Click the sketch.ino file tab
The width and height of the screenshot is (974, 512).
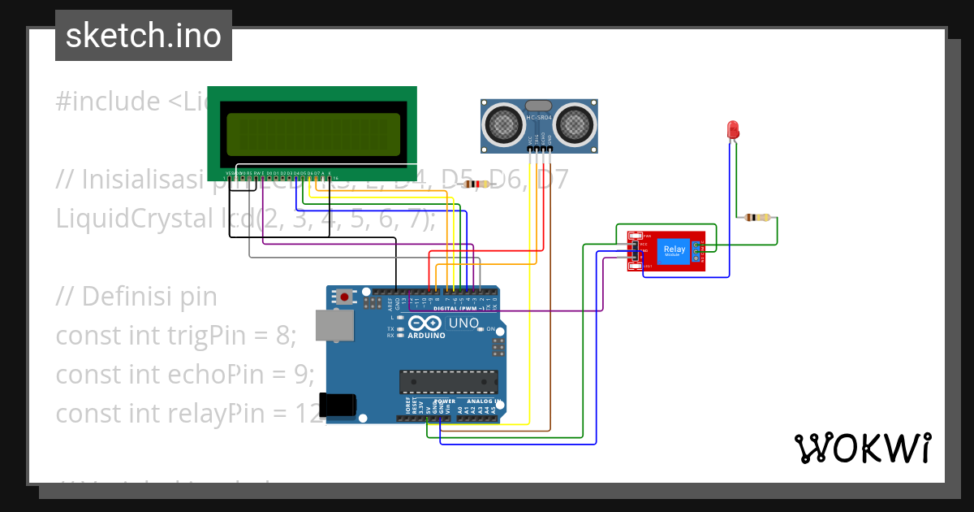(x=144, y=36)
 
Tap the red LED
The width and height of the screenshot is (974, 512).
(x=732, y=130)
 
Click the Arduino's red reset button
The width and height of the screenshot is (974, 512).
(x=345, y=297)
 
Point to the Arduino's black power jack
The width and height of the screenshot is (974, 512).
(x=338, y=405)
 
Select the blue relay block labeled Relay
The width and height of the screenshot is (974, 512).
(x=674, y=251)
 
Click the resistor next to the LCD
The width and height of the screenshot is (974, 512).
(x=476, y=184)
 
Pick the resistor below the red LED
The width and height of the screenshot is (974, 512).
(x=757, y=217)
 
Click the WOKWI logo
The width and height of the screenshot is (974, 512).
(x=862, y=448)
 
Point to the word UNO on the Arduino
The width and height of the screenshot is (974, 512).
(x=465, y=323)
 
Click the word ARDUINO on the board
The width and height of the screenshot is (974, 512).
(x=427, y=335)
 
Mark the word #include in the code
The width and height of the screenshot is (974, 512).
(x=109, y=102)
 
